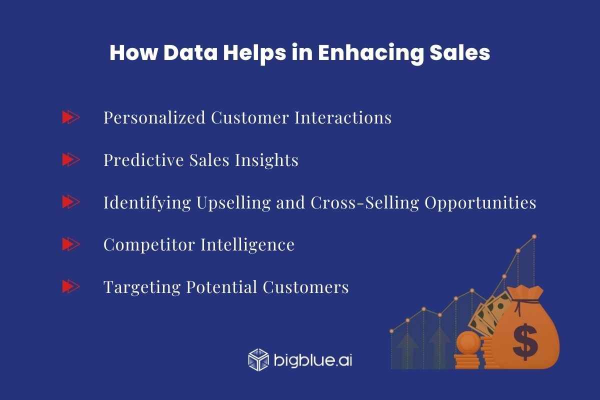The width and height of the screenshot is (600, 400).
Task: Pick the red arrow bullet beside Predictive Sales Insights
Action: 70,160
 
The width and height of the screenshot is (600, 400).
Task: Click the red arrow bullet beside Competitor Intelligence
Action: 70,244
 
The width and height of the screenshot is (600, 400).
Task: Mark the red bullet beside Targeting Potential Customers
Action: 70,287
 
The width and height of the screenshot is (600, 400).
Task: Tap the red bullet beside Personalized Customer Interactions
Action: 70,117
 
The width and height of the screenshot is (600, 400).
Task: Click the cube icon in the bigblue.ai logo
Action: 258,359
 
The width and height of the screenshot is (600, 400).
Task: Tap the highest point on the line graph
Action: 534,236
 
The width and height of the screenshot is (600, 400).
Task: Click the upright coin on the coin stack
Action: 468,342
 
